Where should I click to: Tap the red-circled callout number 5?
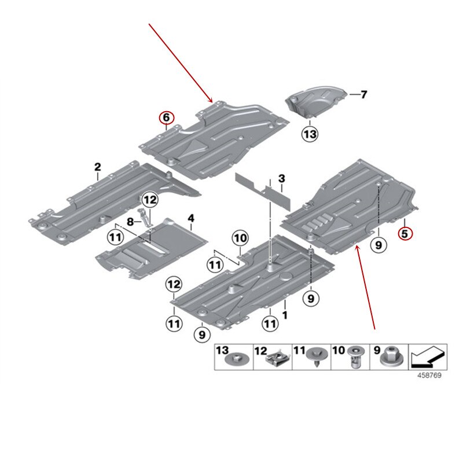coord(405,233)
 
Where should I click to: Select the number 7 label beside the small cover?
coord(363,94)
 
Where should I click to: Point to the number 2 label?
coord(98,167)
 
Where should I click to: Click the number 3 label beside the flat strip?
coord(282,178)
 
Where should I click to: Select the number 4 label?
coord(191,218)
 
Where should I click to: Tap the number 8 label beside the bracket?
coord(130,222)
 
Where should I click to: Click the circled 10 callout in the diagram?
coord(240,237)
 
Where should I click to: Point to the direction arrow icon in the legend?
coord(427,358)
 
